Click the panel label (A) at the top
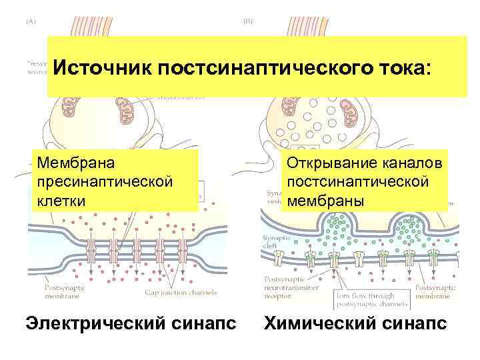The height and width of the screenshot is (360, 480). pos(31,21)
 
